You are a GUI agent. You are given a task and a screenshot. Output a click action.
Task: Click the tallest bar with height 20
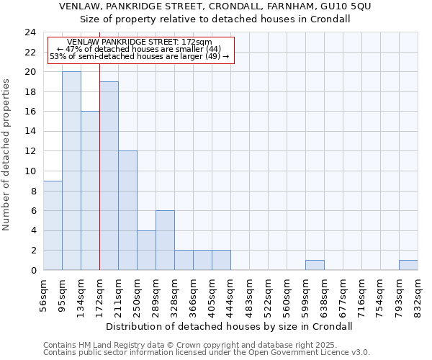(71, 171)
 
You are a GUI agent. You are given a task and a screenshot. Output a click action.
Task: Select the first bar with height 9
(53, 225)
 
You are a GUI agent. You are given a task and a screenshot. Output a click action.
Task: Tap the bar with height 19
(109, 176)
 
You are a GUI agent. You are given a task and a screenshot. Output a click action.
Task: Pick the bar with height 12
(127, 210)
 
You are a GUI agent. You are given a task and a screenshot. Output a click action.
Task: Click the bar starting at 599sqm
(315, 265)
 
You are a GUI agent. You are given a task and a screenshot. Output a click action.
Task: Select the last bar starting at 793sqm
(408, 265)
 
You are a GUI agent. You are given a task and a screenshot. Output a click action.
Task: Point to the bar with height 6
(165, 240)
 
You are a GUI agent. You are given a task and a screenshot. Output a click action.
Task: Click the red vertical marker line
(99, 180)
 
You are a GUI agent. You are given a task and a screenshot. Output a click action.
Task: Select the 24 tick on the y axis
(30, 32)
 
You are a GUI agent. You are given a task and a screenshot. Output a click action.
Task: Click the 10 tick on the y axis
(30, 171)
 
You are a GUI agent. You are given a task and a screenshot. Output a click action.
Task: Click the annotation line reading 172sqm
(140, 42)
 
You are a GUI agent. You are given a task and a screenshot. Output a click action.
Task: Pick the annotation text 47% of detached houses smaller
(140, 49)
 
